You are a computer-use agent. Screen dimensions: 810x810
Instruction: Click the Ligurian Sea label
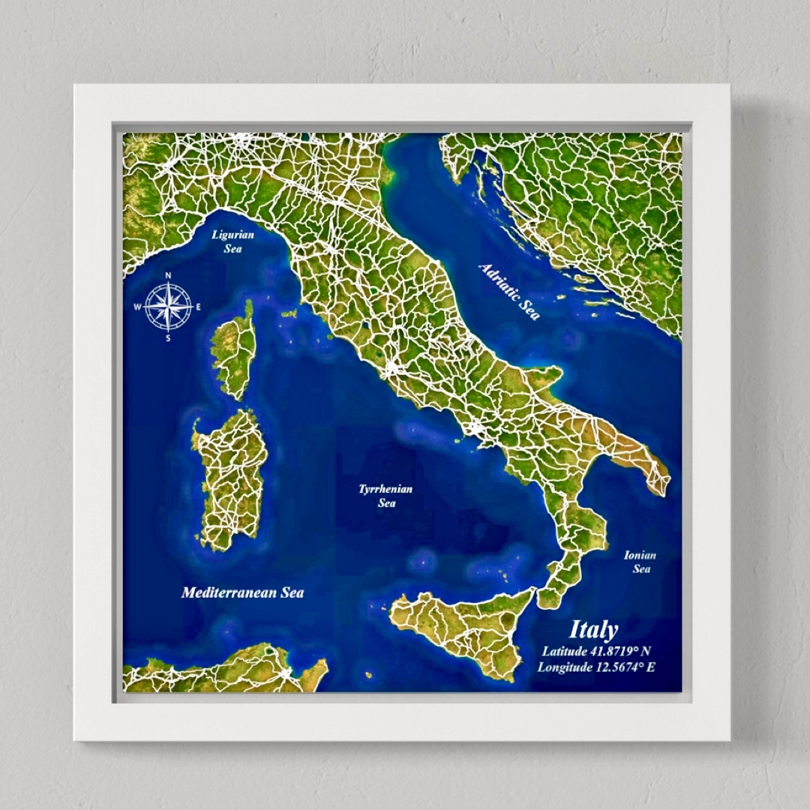point(232,241)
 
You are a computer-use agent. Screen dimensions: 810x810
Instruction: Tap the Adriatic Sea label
point(509,291)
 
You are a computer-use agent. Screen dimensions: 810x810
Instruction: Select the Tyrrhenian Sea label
point(385,496)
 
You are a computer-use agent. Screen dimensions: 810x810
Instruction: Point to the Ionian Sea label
point(640,562)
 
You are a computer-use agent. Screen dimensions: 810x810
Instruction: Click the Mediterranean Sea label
point(242,592)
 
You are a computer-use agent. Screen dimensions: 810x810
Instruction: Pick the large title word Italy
point(593,629)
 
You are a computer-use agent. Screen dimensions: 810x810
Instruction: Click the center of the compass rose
point(168,307)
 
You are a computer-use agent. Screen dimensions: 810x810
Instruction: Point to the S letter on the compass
point(168,338)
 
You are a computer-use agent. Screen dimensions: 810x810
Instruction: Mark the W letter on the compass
point(137,307)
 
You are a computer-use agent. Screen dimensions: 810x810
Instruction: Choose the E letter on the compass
point(199,307)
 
